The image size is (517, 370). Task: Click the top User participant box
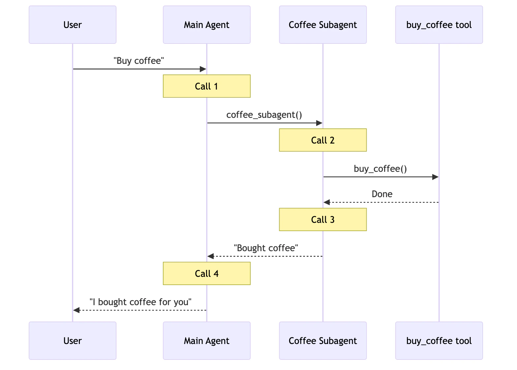coord(73,25)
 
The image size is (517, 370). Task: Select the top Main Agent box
coord(207,25)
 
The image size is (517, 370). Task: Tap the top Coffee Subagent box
coord(323,25)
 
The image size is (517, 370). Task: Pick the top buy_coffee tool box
coord(439,25)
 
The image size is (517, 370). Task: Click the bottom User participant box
coord(73,341)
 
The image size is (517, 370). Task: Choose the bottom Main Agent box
coord(207,341)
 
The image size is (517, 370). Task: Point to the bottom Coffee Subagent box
coord(323,341)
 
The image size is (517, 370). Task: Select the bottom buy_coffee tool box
coord(439,341)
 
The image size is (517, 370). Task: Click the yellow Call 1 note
coord(207,86)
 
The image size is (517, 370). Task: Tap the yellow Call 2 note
coord(323,140)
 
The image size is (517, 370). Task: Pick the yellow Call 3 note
coord(323,220)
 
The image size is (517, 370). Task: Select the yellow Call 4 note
coord(207,274)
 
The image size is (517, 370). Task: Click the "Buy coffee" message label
coord(139,61)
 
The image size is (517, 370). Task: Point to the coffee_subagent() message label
coord(264,115)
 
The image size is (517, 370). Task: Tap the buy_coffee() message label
coord(380,169)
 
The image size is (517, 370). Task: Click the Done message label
coord(382,194)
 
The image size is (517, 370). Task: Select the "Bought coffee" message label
coord(266,248)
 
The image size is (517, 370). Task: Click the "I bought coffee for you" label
coord(140,302)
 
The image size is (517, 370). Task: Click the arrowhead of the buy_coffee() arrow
coord(435,177)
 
